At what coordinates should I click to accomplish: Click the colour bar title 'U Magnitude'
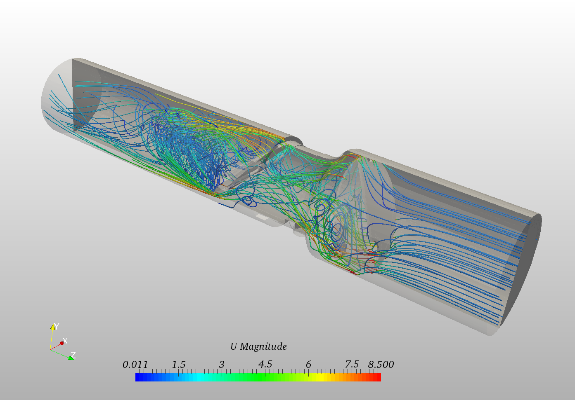point(258,346)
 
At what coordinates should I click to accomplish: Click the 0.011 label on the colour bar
point(135,365)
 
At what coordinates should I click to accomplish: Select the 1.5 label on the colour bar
point(179,365)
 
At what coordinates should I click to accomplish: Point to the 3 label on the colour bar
point(222,365)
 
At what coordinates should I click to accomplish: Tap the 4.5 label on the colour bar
point(265,365)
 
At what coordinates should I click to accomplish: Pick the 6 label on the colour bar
point(308,365)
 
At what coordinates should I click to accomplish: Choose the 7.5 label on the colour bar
point(352,365)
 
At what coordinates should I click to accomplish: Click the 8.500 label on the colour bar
point(381,365)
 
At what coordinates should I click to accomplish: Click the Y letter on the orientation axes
point(57,326)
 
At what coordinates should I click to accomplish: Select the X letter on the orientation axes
point(65,341)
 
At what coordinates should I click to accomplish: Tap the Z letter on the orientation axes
point(73,355)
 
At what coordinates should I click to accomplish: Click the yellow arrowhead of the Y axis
point(53,327)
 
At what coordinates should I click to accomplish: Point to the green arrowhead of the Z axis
point(71,358)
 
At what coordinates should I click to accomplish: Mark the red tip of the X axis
point(62,343)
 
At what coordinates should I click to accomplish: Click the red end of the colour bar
point(378,377)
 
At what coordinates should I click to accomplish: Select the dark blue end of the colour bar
point(139,377)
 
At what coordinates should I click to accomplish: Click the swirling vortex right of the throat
point(336,227)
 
